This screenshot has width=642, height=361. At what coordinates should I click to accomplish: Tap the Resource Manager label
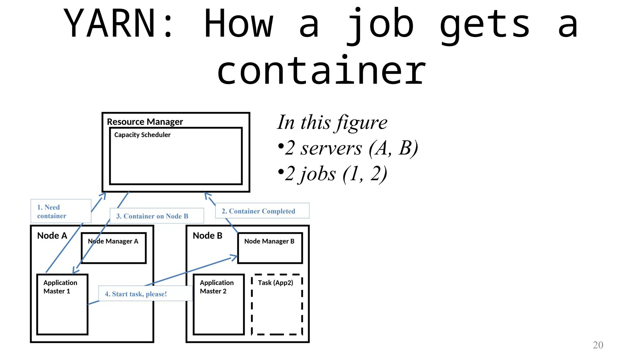[x=145, y=122]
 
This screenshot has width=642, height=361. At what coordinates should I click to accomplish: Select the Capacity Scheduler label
[x=142, y=135]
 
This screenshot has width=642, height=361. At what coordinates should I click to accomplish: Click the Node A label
[x=52, y=236]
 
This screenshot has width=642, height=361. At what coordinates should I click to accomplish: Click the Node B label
[x=208, y=236]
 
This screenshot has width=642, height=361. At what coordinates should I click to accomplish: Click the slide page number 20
[x=598, y=345]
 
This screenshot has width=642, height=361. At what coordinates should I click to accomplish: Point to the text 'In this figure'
[x=332, y=122]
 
